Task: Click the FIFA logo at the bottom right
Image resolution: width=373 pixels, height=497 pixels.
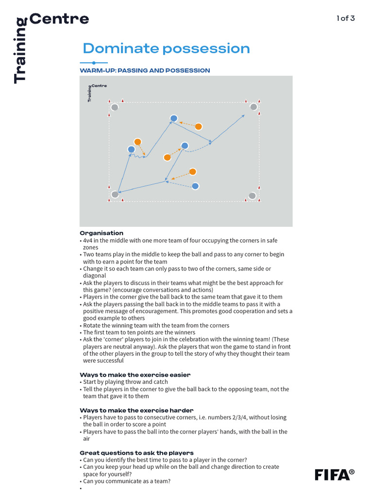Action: [334, 474]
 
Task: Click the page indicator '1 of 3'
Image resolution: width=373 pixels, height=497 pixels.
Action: [346, 18]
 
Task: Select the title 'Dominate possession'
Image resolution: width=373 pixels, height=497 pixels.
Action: [166, 49]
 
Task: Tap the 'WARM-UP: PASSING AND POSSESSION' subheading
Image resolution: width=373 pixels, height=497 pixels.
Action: [145, 70]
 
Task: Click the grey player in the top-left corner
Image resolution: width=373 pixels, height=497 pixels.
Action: [115, 107]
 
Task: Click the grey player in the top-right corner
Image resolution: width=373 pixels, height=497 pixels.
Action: [254, 107]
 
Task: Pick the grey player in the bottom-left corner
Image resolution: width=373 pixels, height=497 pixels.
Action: [115, 195]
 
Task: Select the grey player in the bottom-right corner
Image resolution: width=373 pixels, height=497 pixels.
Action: [252, 196]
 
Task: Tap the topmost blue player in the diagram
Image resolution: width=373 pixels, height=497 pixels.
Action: [174, 118]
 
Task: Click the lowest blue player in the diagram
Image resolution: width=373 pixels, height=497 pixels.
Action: [195, 186]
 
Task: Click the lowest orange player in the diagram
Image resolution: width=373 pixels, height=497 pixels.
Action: [193, 172]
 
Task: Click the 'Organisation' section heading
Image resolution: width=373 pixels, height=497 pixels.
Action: [102, 233]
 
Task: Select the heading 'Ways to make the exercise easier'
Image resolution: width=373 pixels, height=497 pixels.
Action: [135, 375]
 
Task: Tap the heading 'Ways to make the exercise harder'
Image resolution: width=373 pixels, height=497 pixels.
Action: [136, 410]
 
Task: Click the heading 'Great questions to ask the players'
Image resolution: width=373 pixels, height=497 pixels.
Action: [136, 453]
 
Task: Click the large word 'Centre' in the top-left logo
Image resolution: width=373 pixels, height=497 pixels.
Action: [59, 19]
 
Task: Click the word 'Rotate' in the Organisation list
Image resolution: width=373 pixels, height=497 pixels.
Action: [92, 325]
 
